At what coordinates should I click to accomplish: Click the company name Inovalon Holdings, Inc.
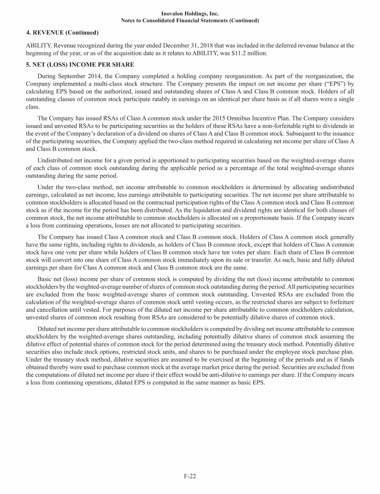190,13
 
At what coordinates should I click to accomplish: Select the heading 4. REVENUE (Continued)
62,33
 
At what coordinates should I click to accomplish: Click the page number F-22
190,476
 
